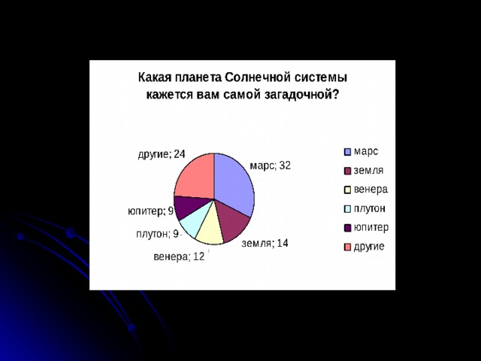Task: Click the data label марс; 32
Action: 271,166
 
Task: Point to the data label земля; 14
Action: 265,244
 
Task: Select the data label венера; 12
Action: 179,256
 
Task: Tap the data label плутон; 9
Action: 158,234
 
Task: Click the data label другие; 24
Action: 162,153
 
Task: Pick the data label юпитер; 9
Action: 150,211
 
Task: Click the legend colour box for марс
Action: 347,152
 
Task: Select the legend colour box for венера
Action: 347,190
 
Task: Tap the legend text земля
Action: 368,171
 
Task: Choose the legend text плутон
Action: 369,209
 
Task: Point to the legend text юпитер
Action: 371,227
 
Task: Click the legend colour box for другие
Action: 347,247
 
